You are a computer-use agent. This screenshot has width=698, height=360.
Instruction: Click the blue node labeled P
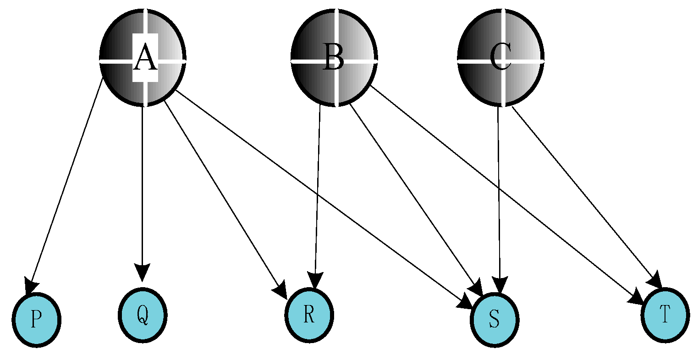[36, 319]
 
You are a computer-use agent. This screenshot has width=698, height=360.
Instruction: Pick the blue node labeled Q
[143, 315]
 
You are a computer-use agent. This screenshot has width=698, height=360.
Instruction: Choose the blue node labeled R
[309, 315]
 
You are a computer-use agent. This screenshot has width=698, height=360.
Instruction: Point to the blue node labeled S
[494, 319]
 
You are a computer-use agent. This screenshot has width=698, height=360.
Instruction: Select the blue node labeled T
[665, 315]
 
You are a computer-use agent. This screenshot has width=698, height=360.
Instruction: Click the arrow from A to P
[66, 183]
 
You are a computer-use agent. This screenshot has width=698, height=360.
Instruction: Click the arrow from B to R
[317, 192]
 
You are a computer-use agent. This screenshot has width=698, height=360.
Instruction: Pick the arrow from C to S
[499, 197]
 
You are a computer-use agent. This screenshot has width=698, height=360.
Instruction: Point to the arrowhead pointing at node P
[31, 286]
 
